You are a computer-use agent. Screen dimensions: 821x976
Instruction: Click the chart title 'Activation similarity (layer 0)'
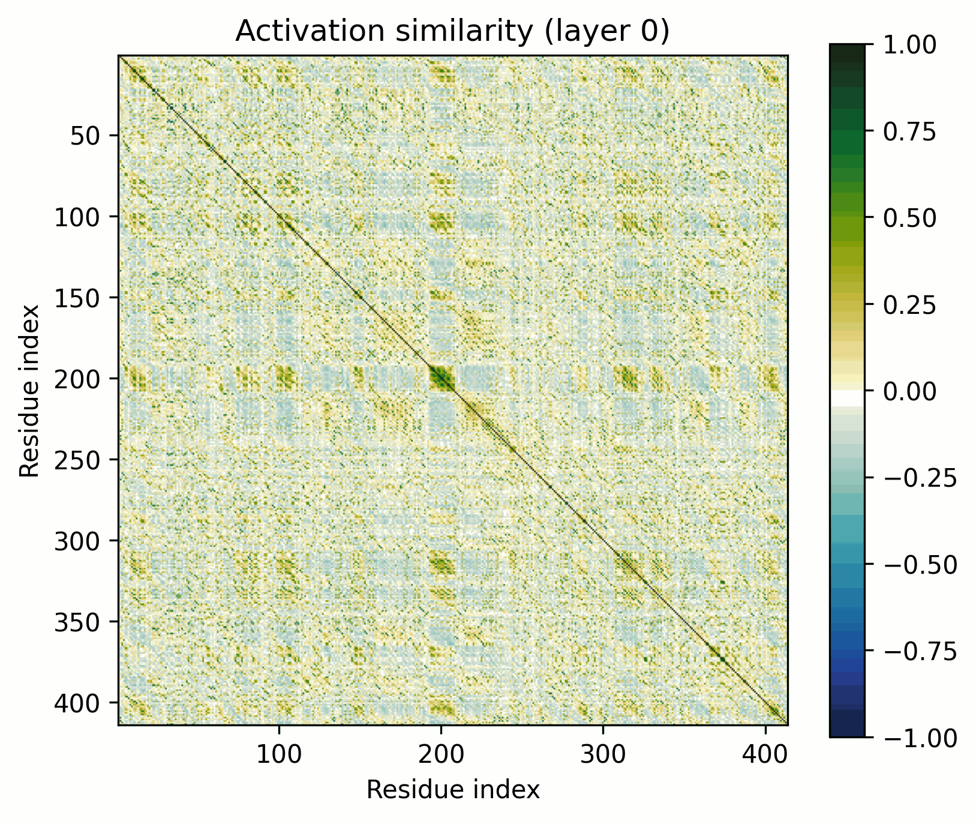[x=452, y=32]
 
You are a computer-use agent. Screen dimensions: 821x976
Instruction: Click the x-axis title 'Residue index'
[x=453, y=790]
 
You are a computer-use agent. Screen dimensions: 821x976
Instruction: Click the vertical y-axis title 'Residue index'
[x=30, y=391]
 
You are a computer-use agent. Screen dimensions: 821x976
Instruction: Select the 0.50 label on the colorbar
[x=909, y=217]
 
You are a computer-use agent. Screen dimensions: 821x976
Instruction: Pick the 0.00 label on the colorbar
[x=909, y=391]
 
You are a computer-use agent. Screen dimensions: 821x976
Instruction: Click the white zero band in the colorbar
[x=847, y=398]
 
